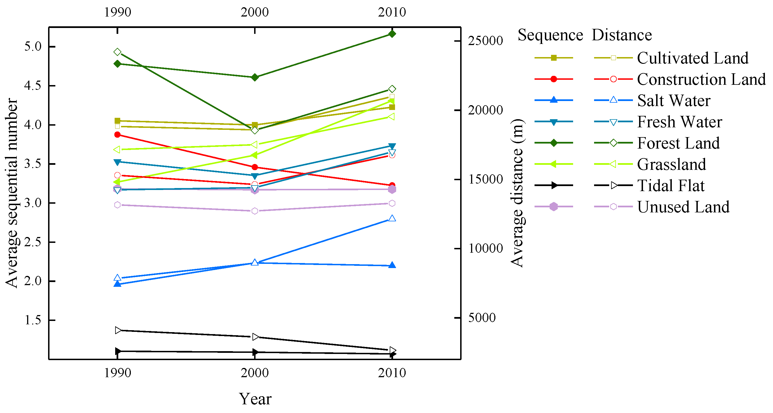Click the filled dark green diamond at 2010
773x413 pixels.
(x=392, y=34)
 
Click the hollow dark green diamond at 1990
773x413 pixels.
(x=117, y=52)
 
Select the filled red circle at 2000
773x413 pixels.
(x=254, y=167)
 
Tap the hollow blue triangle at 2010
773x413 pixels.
(x=392, y=218)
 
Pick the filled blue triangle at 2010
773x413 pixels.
(x=392, y=265)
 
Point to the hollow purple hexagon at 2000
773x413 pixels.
(x=254, y=211)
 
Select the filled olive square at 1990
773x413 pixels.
(x=117, y=121)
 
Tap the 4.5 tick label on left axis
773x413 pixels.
(x=33, y=86)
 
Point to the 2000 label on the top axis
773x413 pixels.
(x=254, y=12)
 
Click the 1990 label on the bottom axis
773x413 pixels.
(x=117, y=373)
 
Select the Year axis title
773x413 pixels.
(x=255, y=399)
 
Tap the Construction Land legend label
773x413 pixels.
(x=701, y=79)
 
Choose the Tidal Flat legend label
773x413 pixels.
(x=671, y=185)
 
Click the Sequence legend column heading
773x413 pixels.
(x=550, y=35)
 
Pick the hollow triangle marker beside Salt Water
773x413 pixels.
(x=613, y=100)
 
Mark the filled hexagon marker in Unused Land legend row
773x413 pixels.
(x=554, y=207)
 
